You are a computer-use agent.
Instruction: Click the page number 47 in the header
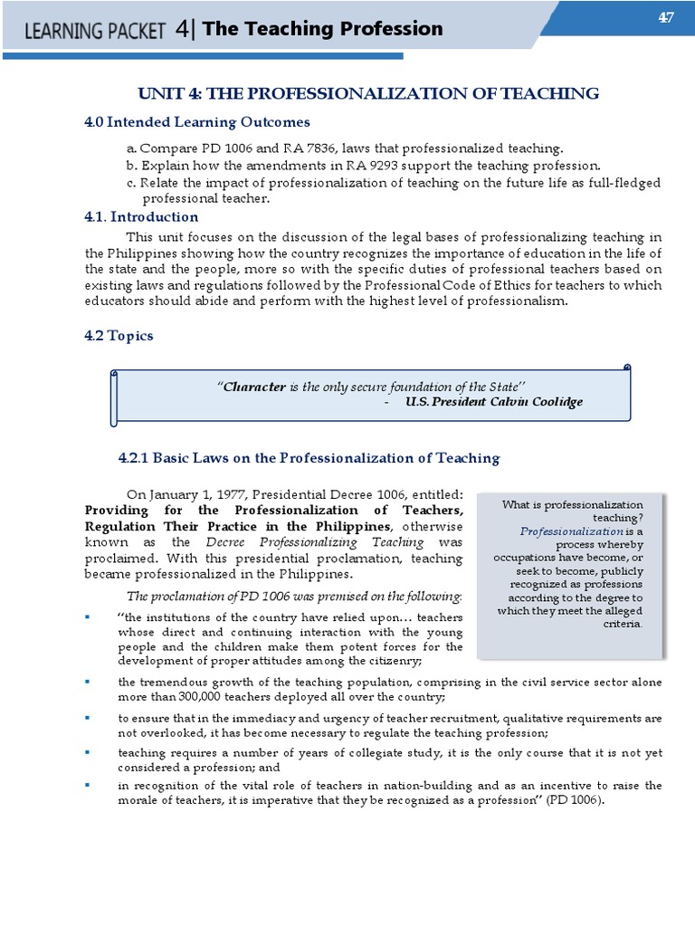click(x=666, y=19)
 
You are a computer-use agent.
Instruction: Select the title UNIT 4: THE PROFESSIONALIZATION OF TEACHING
click(x=367, y=93)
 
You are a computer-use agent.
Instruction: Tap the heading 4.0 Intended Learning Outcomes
click(x=197, y=121)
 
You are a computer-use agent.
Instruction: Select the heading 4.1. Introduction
click(x=141, y=217)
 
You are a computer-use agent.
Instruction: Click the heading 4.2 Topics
click(x=119, y=336)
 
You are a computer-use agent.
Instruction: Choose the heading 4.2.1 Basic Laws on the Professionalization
click(x=309, y=458)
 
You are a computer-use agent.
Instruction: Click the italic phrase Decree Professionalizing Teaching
click(x=315, y=542)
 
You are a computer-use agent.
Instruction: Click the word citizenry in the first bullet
click(x=392, y=662)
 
